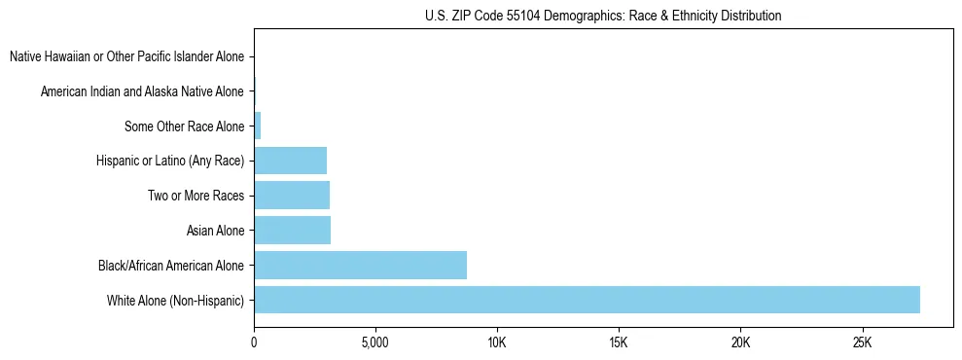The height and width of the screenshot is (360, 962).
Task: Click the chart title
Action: coord(603,16)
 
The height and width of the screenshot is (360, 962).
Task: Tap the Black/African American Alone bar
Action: coord(360,265)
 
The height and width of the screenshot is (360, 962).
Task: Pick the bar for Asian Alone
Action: coord(292,230)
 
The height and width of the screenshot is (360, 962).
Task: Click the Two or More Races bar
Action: coord(292,195)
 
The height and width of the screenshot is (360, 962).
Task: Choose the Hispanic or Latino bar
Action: coord(290,160)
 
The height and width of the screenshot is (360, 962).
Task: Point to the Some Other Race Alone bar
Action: coord(258,126)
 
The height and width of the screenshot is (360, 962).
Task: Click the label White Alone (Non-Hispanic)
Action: coord(176,300)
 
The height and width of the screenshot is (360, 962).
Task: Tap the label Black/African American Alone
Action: coord(171,265)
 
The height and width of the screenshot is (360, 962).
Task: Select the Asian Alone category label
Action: coord(215,230)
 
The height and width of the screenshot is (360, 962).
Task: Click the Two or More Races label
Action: coord(196,195)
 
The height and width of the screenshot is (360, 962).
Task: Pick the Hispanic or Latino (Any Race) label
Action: coord(170,160)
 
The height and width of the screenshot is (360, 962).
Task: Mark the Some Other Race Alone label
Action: coord(184,126)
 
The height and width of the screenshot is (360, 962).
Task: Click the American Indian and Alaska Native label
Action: coord(142,91)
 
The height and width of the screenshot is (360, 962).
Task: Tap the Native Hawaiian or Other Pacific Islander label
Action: coord(126,56)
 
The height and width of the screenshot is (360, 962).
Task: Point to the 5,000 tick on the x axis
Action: coord(375,342)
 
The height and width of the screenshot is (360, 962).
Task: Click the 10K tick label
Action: coord(497,342)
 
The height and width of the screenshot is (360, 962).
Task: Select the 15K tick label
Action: coord(619,342)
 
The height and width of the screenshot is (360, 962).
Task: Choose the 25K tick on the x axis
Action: coord(862,342)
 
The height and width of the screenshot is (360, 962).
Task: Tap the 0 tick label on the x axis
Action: coord(254,342)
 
